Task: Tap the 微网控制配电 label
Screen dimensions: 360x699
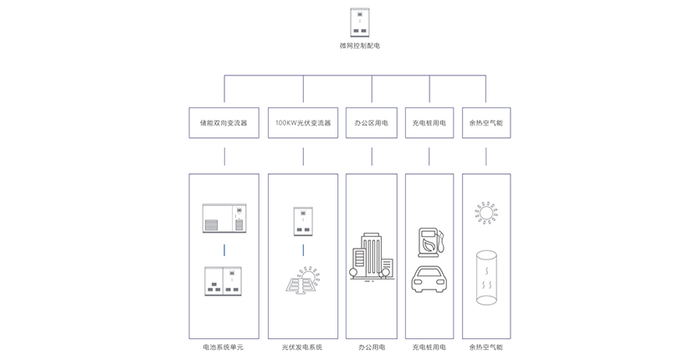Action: click(x=359, y=46)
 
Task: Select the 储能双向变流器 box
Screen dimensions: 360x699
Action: click(x=224, y=122)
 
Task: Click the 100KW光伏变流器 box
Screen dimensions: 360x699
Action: click(x=303, y=122)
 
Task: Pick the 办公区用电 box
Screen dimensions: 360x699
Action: click(x=371, y=122)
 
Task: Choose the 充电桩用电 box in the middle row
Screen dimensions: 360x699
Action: click(x=429, y=122)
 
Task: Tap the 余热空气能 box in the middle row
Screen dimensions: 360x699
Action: click(x=486, y=122)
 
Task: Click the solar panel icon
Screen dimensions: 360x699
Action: click(x=303, y=280)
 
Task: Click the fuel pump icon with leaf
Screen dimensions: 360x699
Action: click(x=429, y=240)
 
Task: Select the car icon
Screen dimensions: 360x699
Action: click(x=429, y=279)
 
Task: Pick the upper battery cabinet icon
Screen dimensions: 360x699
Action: click(x=224, y=218)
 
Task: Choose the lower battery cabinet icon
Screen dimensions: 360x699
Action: click(x=224, y=280)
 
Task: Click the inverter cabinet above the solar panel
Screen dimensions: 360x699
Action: click(x=303, y=220)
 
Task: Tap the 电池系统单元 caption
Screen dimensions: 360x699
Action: click(x=224, y=347)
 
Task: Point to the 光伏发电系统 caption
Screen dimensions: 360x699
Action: click(x=302, y=347)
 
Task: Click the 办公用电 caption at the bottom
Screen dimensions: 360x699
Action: click(x=371, y=347)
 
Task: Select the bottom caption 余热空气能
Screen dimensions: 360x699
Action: click(x=486, y=347)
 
